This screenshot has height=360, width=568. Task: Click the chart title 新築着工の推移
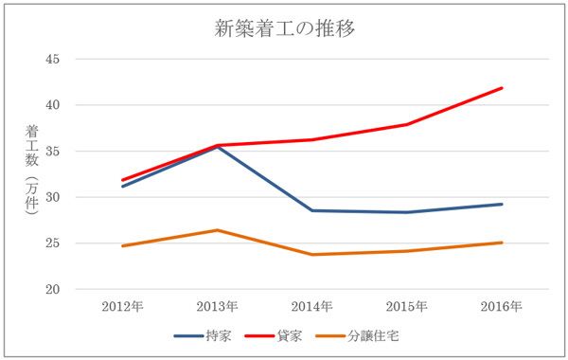(x=284, y=28)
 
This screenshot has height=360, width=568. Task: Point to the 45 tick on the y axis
(x=52, y=59)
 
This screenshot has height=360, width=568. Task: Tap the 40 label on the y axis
(x=52, y=105)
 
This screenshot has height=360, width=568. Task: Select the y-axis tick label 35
(x=52, y=151)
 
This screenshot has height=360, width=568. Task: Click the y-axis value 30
(x=52, y=197)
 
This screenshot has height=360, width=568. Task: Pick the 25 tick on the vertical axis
(x=52, y=243)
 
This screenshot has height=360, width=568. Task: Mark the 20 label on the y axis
(x=52, y=289)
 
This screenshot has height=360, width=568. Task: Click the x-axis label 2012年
(x=122, y=307)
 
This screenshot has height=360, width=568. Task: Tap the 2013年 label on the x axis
(x=218, y=307)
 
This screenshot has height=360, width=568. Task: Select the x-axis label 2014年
(x=311, y=307)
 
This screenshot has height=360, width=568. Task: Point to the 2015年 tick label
(x=407, y=307)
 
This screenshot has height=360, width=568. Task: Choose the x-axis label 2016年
(x=502, y=307)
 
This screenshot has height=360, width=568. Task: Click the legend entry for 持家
(x=203, y=336)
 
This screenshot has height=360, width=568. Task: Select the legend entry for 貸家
(x=274, y=336)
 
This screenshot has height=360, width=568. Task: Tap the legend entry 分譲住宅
(x=358, y=336)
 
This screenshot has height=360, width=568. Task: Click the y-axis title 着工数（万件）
(x=32, y=171)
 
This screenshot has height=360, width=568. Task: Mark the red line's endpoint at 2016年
(x=502, y=88)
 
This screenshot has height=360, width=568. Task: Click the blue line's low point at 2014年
(x=311, y=210)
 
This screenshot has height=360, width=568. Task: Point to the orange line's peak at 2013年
(x=218, y=230)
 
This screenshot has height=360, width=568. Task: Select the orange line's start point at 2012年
(x=123, y=246)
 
